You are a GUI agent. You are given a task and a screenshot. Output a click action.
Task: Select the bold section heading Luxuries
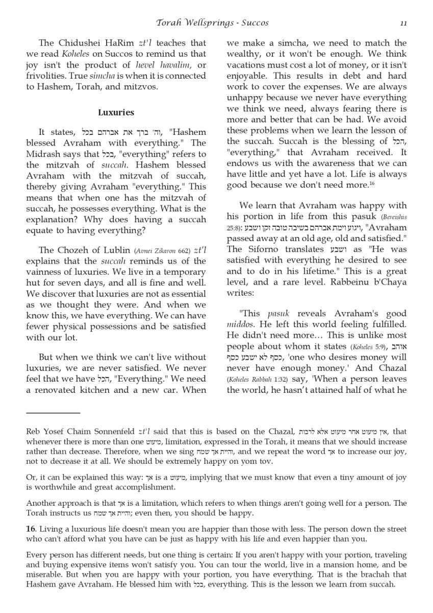pos(116,112)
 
